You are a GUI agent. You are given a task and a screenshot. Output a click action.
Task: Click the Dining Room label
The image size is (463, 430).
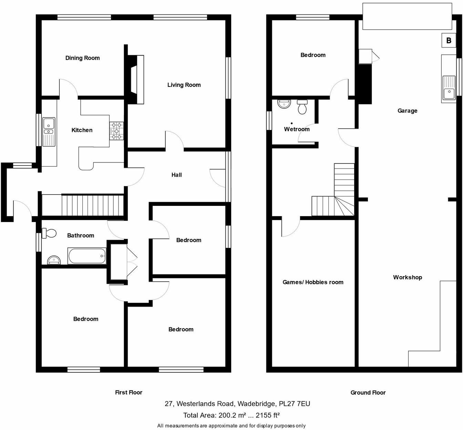(82, 58)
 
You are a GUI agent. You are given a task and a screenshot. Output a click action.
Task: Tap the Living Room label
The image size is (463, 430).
(184, 85)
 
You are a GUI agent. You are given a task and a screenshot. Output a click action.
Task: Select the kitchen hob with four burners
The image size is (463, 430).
(116, 131)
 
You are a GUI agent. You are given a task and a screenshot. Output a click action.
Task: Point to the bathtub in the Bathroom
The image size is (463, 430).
(86, 256)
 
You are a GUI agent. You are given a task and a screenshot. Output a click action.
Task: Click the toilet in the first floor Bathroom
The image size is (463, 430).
(49, 233)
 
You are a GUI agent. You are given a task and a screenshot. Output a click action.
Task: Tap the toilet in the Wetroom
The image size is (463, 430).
(302, 107)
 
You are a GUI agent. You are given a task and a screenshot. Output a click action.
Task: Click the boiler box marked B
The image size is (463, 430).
(449, 40)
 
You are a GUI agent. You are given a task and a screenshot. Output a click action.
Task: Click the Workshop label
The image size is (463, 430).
(407, 277)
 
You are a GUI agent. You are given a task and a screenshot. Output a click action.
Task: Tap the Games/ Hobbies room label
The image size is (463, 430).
(313, 282)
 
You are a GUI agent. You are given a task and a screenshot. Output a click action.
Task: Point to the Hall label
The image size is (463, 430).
(176, 175)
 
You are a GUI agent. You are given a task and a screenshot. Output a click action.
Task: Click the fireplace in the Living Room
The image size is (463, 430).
(137, 79)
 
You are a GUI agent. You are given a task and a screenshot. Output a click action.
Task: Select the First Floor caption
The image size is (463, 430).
(128, 392)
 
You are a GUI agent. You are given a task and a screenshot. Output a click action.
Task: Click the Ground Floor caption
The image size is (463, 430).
(368, 392)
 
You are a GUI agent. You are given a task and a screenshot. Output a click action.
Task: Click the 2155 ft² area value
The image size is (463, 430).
(267, 415)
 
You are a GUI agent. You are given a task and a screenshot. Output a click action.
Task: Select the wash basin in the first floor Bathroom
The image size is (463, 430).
(54, 260)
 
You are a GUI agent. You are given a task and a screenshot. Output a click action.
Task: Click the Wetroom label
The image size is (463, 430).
(297, 129)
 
